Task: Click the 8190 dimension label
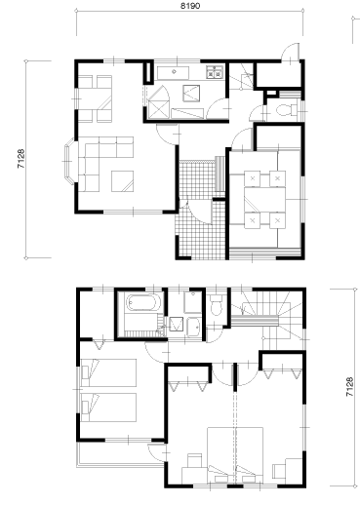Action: (190, 6)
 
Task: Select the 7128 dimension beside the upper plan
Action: (20, 159)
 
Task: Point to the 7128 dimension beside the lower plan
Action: (349, 387)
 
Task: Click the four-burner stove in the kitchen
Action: (215, 72)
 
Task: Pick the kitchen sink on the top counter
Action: (173, 73)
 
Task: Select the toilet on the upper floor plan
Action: (287, 110)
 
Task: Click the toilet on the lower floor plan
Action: (216, 304)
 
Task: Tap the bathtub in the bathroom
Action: (141, 302)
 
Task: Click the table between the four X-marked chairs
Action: (264, 200)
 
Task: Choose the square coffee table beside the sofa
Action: (122, 181)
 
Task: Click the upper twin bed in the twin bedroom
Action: (108, 372)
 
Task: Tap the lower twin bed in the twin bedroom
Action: (108, 408)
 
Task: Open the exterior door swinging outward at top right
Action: (291, 52)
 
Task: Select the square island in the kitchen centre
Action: (191, 94)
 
